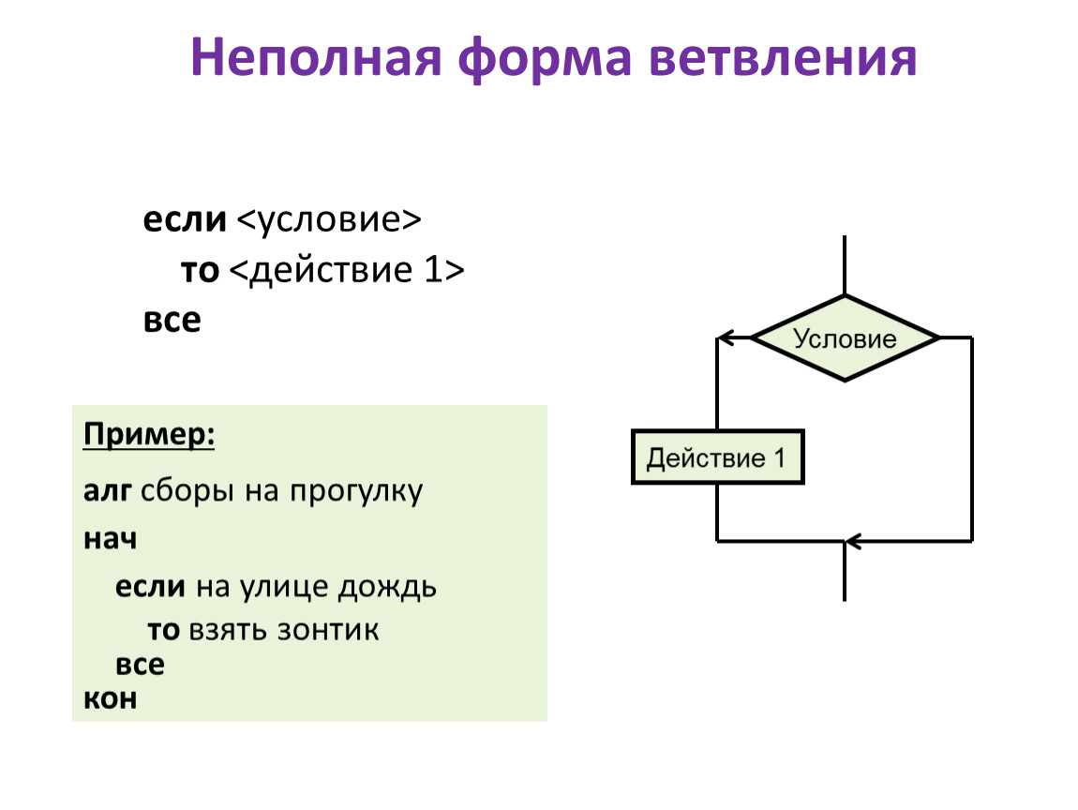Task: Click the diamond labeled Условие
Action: tap(846, 338)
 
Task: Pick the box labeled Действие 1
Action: tap(717, 458)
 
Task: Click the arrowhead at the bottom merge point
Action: tap(852, 541)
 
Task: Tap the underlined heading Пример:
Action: tap(149, 436)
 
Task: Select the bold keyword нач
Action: tap(111, 540)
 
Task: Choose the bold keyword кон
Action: tap(111, 698)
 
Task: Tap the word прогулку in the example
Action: tap(355, 492)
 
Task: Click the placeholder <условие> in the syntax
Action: tap(329, 221)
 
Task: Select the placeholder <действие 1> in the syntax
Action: tap(346, 271)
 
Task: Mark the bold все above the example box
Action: tap(172, 321)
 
